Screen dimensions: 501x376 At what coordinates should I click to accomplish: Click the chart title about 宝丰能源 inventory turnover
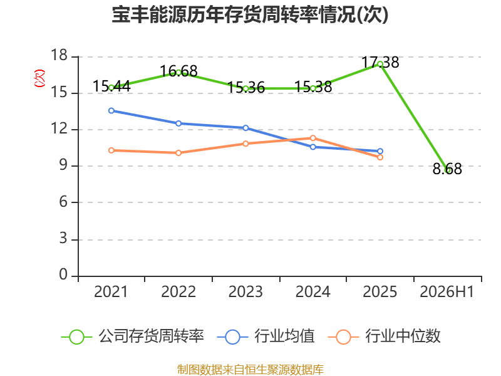pos(250,14)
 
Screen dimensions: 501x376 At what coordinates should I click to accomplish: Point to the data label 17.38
pos(380,62)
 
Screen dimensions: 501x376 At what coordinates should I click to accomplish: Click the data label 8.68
pos(447,169)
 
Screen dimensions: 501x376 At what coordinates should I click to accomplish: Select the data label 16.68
pos(178,71)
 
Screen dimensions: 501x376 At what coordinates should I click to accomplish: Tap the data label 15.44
pos(111,86)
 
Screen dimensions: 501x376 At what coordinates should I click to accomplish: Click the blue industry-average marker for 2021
pos(111,111)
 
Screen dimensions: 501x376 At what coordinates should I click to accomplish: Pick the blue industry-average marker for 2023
pos(245,128)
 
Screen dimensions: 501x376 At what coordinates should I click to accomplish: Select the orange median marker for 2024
pos(312,138)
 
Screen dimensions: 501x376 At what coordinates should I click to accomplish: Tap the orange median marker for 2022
pos(178,153)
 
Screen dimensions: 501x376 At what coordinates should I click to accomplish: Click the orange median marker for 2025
pos(380,157)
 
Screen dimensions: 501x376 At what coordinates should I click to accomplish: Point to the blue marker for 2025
pos(380,151)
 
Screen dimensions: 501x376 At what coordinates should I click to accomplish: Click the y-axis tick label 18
pos(59,56)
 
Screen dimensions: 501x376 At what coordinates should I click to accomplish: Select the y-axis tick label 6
pos(63,202)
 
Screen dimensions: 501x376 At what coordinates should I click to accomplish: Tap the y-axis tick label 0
pos(63,274)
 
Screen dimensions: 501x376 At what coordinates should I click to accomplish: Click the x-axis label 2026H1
pos(447,292)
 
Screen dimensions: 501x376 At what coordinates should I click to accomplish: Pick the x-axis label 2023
pos(245,292)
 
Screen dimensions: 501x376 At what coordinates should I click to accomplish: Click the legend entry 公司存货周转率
pos(132,337)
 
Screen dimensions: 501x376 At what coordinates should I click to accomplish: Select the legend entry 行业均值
pos(266,337)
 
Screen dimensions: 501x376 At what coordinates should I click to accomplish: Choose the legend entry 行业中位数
pos(385,337)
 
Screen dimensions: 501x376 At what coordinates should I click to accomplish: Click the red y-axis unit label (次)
pos(39,78)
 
